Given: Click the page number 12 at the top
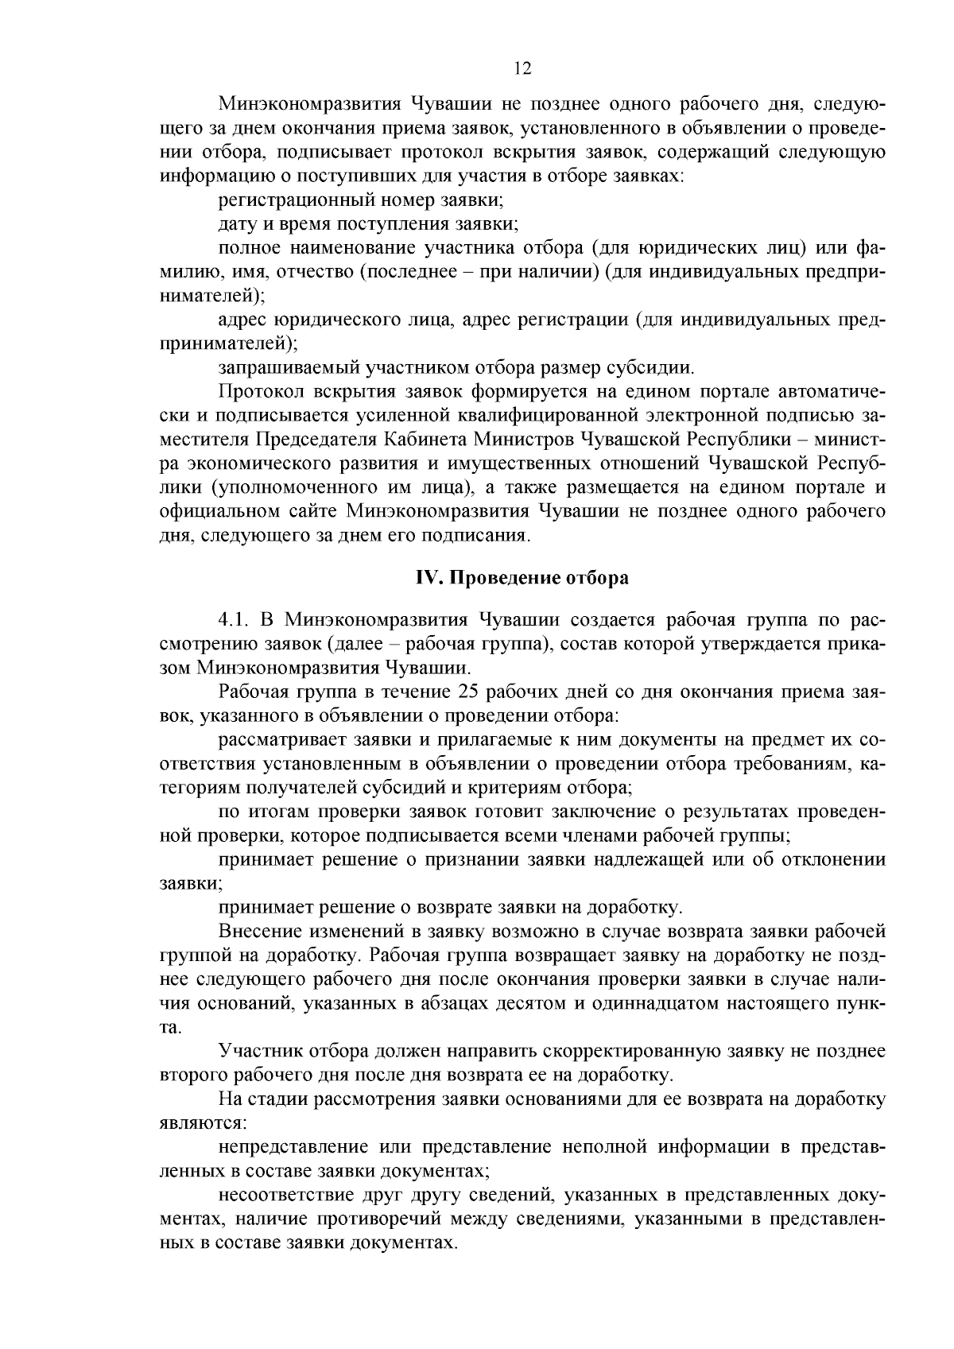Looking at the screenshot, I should point(522,68).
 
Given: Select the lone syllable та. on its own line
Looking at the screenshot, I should point(171,1028).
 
